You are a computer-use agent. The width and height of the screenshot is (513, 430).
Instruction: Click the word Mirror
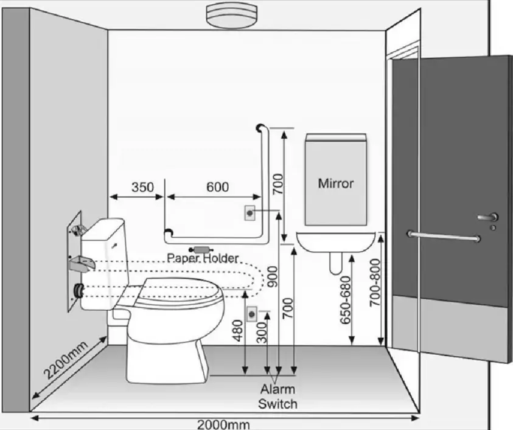pos(336,183)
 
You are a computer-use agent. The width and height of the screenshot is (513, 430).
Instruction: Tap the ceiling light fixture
pos(232,15)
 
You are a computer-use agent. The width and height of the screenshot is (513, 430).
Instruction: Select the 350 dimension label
pos(142,187)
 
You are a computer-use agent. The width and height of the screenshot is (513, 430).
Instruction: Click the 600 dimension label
pos(218,187)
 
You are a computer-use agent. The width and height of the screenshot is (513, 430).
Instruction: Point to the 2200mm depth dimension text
pos(66,359)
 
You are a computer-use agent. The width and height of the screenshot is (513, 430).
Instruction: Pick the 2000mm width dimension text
pos(223,425)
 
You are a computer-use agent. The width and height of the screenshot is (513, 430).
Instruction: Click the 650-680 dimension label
pos(345,300)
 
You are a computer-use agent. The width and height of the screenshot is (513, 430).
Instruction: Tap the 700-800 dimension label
pos(375,283)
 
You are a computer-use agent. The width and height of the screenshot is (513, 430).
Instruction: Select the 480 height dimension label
pos(238,331)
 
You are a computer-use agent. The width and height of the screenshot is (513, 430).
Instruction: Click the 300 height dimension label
pos(262,333)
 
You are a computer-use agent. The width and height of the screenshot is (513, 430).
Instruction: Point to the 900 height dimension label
pos(272,277)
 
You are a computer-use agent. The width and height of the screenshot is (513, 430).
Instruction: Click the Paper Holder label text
pos(203,258)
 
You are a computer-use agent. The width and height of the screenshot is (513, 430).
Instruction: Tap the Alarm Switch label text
pos(277,397)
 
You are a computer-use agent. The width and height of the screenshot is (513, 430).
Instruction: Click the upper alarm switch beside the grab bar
pos(250,213)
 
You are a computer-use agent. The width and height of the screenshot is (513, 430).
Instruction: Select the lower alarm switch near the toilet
pos(251,314)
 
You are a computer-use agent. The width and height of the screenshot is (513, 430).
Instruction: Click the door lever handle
pos(488,217)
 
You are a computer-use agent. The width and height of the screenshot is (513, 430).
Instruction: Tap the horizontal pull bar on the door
pos(444,236)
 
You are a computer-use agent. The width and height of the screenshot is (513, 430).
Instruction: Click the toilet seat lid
pos(180,287)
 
